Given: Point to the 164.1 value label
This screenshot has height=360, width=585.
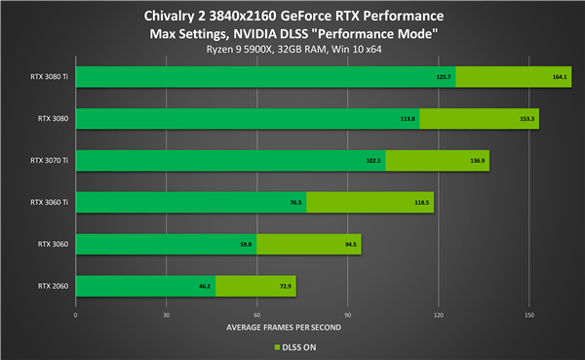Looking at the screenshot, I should click(560, 77).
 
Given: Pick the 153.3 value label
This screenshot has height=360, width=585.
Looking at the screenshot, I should click(528, 119).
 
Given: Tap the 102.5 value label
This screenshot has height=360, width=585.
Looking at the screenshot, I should click(373, 161).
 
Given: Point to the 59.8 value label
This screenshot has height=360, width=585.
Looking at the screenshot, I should click(246, 245).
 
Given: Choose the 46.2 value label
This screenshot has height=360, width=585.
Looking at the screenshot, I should click(205, 287).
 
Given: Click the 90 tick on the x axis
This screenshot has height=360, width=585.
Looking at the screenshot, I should click(347, 314).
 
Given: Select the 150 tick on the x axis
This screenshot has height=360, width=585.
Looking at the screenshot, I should click(528, 314).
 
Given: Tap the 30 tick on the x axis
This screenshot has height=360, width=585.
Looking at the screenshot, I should click(166, 314).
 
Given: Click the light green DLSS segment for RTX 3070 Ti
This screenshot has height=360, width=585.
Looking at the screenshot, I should click(440, 161).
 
